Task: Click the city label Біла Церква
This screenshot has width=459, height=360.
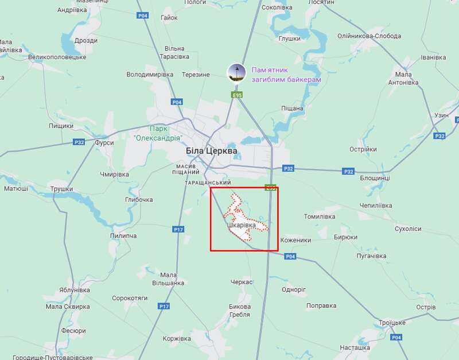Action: coord(211,150)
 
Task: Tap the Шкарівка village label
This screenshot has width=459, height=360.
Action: coord(241,226)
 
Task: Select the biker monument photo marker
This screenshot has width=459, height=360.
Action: coord(237,72)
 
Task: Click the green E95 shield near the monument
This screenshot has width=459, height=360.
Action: coord(236,95)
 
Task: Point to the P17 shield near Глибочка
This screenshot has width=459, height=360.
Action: coord(178,229)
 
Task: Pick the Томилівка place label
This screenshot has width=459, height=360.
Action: coord(319,216)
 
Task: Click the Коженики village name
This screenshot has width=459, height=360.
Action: coord(295,240)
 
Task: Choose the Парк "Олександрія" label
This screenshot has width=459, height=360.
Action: coord(157,134)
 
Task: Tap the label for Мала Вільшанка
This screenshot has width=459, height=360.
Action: coord(168,278)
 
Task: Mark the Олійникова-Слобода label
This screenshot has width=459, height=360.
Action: coord(369,36)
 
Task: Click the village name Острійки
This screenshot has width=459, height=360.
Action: coord(363,149)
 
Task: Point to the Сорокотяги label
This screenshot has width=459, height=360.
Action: coord(130,298)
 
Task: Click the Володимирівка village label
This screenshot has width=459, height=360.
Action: coord(150,75)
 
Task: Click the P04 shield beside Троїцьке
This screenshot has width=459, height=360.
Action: coord(396,338)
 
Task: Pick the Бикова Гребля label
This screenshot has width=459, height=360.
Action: coord(239,310)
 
